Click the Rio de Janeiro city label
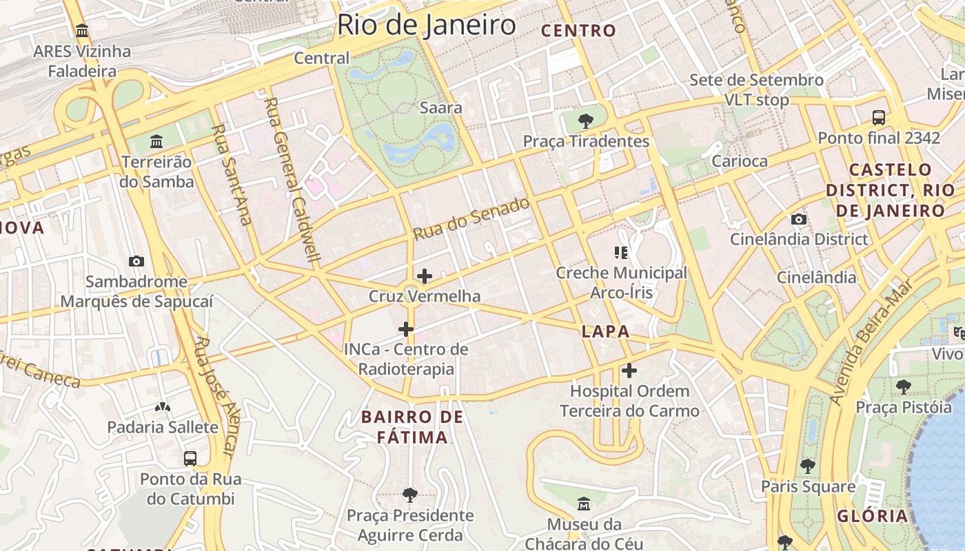coord(426,25)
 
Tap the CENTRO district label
coord(578,30)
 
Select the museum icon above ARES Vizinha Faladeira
coord(83,31)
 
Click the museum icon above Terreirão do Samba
coord(156,142)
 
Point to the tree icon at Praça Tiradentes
coord(586,121)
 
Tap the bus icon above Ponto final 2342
coord(879,118)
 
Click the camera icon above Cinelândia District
coord(799,220)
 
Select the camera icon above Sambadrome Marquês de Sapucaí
coord(136,262)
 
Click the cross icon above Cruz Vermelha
coord(425,277)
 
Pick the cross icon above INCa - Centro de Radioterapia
coord(406,329)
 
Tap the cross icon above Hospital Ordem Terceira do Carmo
coord(629,371)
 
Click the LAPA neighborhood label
coord(605,331)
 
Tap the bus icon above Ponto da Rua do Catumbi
coord(190,459)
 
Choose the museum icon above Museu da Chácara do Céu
coord(584,504)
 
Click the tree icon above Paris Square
coord(808,466)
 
